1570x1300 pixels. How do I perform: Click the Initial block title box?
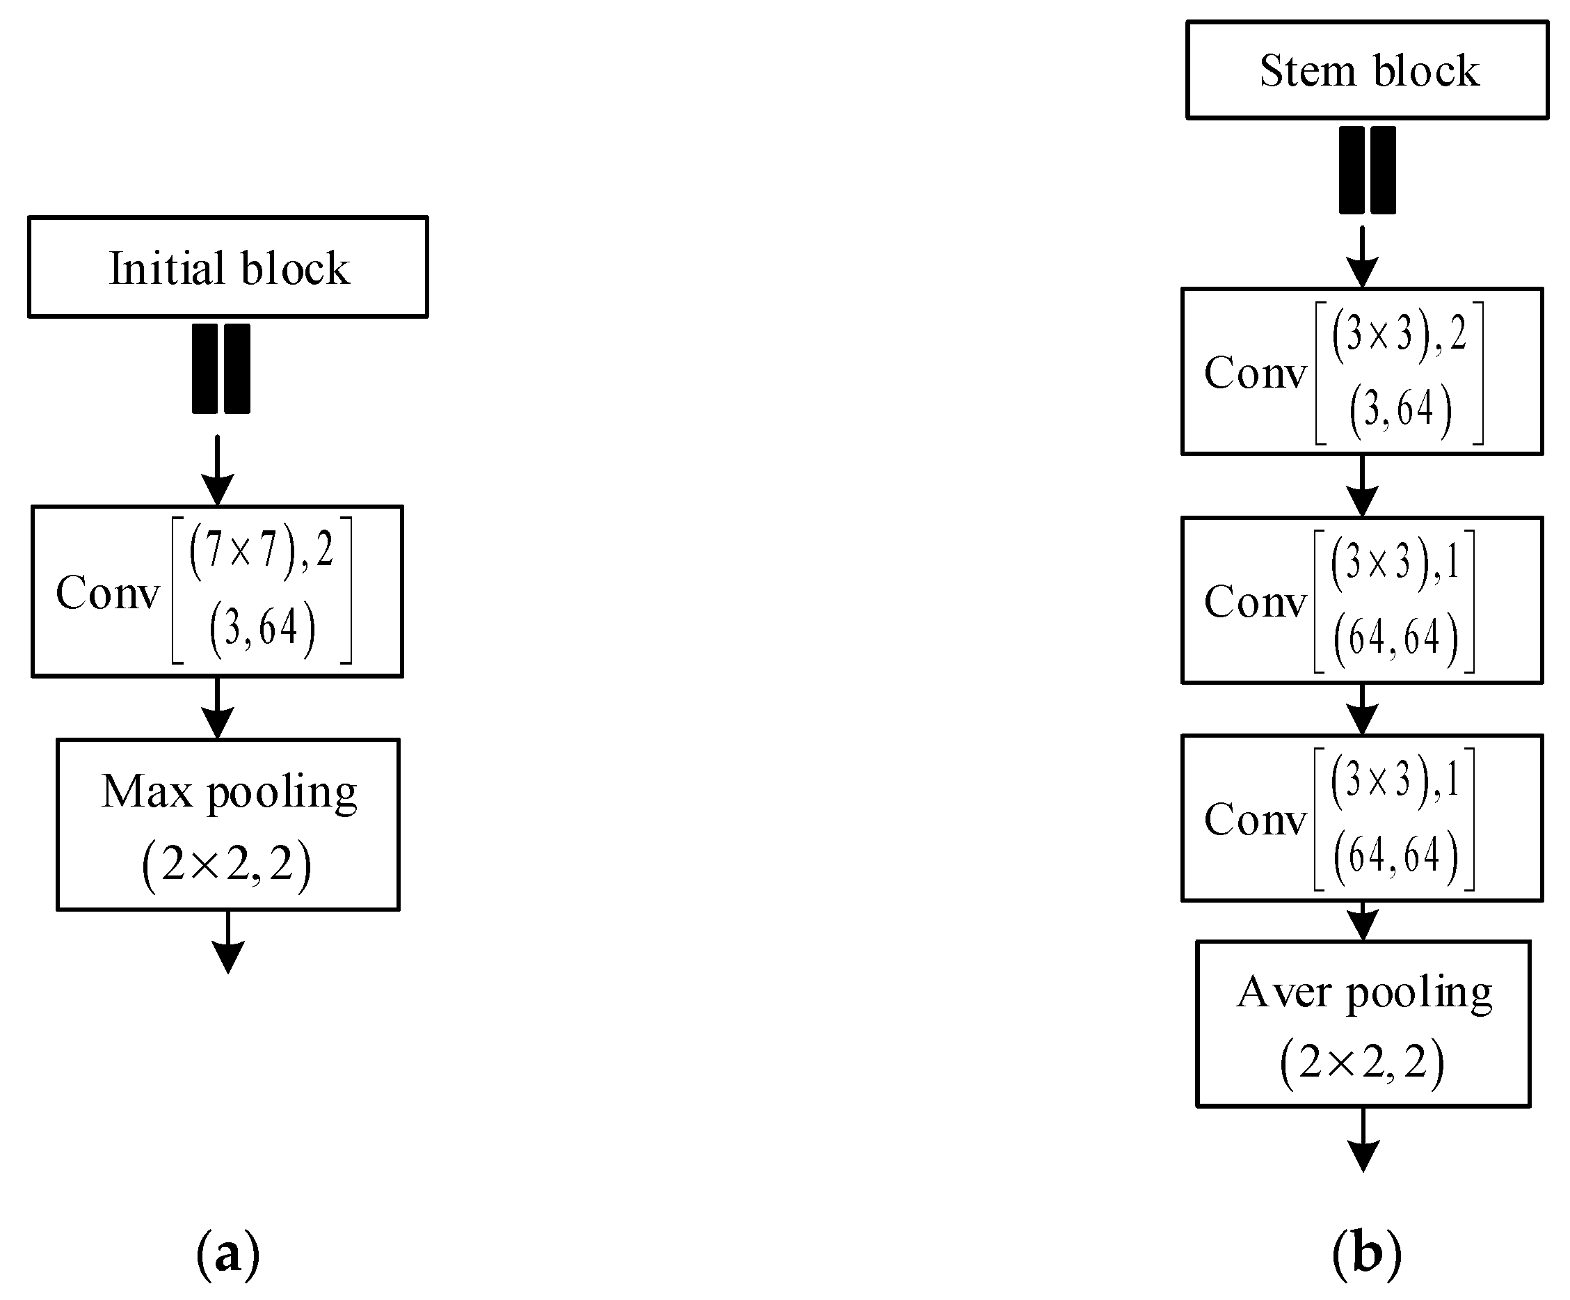[228, 267]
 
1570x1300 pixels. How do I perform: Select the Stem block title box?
[1368, 70]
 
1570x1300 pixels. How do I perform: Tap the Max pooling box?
[228, 824]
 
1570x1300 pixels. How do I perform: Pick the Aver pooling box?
[1363, 1023]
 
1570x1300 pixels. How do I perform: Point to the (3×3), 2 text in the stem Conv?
[1399, 333]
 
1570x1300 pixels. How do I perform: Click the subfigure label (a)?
[227, 1254]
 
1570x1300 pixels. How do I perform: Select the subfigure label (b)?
[1367, 1254]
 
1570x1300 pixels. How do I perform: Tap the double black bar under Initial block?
[221, 369]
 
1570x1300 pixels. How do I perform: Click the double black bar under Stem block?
[1368, 170]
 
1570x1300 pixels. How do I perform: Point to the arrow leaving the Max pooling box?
[228, 942]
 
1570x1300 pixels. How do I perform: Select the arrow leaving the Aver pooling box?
[1363, 1139]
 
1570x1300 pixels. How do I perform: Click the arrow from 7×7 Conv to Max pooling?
[218, 708]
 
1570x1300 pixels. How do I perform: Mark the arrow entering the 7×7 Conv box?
[218, 470]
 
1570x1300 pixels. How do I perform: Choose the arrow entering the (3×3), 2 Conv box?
[1363, 257]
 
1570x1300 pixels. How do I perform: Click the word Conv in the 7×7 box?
[108, 592]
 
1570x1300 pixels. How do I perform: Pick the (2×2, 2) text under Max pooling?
[227, 866]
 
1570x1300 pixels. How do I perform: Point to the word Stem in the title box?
[1307, 71]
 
